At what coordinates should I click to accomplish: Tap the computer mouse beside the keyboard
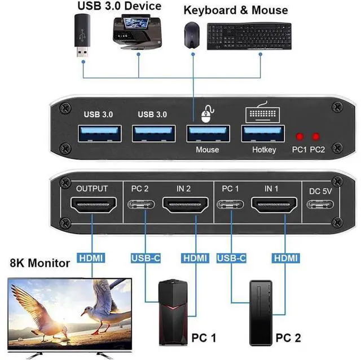click(x=192, y=35)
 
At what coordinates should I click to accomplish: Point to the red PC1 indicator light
click(x=300, y=137)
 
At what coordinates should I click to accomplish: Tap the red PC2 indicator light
click(x=316, y=137)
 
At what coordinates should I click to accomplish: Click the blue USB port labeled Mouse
click(x=207, y=134)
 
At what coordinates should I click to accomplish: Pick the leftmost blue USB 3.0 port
click(x=99, y=134)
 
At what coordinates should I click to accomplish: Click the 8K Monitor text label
click(x=40, y=263)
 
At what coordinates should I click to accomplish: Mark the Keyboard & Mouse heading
click(x=235, y=10)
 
